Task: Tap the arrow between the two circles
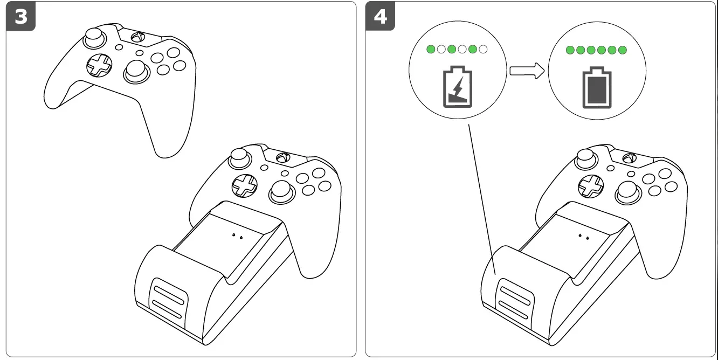click(x=527, y=71)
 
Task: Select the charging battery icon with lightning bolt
click(x=458, y=87)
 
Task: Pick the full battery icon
click(x=596, y=87)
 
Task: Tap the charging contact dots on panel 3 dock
click(x=237, y=236)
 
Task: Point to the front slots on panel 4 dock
click(x=514, y=297)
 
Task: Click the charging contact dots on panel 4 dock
click(x=583, y=236)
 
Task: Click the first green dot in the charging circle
click(x=431, y=50)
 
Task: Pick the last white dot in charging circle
click(x=483, y=50)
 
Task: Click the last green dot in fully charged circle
click(x=623, y=50)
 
